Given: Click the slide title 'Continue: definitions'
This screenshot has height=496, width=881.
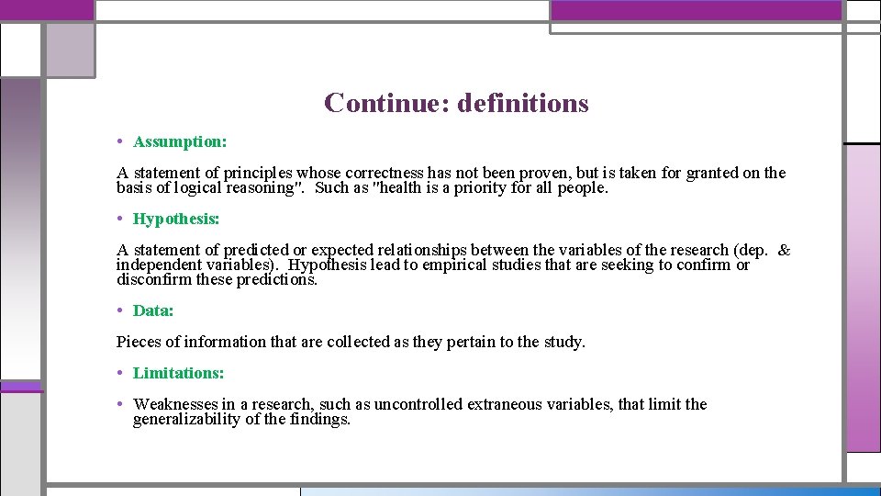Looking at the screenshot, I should pos(456,103).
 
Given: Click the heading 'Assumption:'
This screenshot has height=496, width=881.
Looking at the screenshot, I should pos(180,142).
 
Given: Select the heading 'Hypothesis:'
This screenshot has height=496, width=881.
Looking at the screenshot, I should pos(176,220).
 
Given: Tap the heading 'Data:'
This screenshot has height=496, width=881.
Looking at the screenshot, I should pos(153,311).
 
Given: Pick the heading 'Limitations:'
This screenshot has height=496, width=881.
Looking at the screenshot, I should pos(178,373).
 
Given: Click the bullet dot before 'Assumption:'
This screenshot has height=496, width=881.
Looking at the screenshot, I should pos(121,141).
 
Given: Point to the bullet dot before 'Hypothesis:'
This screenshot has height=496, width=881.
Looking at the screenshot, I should pos(121,219).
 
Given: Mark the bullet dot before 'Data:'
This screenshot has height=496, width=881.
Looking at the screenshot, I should pos(121,310).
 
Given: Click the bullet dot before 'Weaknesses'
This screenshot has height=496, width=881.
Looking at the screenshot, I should pos(121,403).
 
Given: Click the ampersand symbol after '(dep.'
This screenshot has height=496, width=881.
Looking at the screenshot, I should pos(785,250).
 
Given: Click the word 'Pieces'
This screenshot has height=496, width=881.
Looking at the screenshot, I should pos(139,343).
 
